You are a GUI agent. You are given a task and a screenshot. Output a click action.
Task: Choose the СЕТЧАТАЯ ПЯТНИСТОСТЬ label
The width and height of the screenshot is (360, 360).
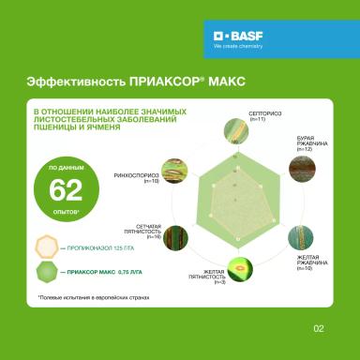pyautogui.click(x=142, y=232)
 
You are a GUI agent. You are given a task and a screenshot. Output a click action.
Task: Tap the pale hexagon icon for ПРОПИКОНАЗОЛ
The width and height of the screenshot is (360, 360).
pyautogui.click(x=45, y=247)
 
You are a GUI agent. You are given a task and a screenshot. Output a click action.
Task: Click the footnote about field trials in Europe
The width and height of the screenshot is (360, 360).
pyautogui.click(x=87, y=299)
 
